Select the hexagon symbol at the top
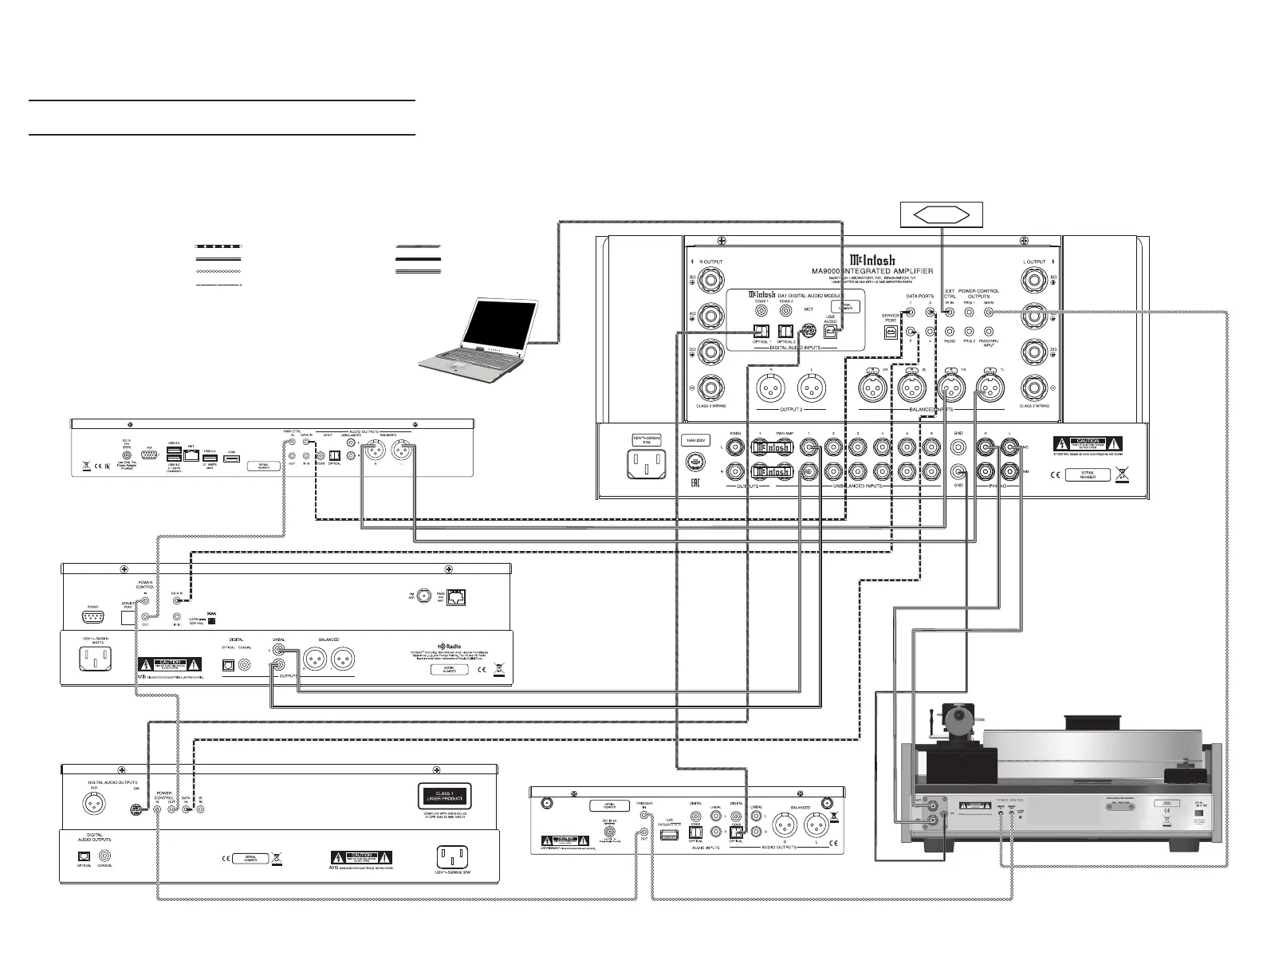tap(941, 214)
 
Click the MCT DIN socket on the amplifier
tap(809, 329)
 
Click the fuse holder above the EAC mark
tap(697, 461)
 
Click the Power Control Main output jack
tap(989, 312)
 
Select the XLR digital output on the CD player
tap(96, 805)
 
